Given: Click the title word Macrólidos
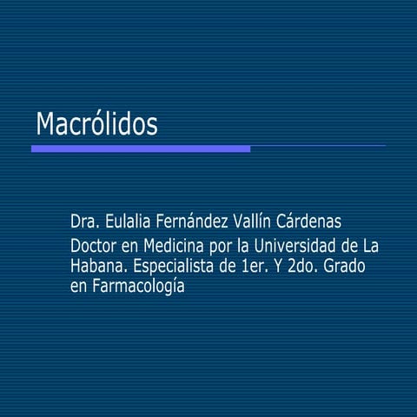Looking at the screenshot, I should coord(96,124).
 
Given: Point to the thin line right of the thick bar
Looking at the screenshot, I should coord(318,146).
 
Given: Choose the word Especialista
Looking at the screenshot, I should coord(174,266).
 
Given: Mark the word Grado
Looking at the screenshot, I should coord(347,266).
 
